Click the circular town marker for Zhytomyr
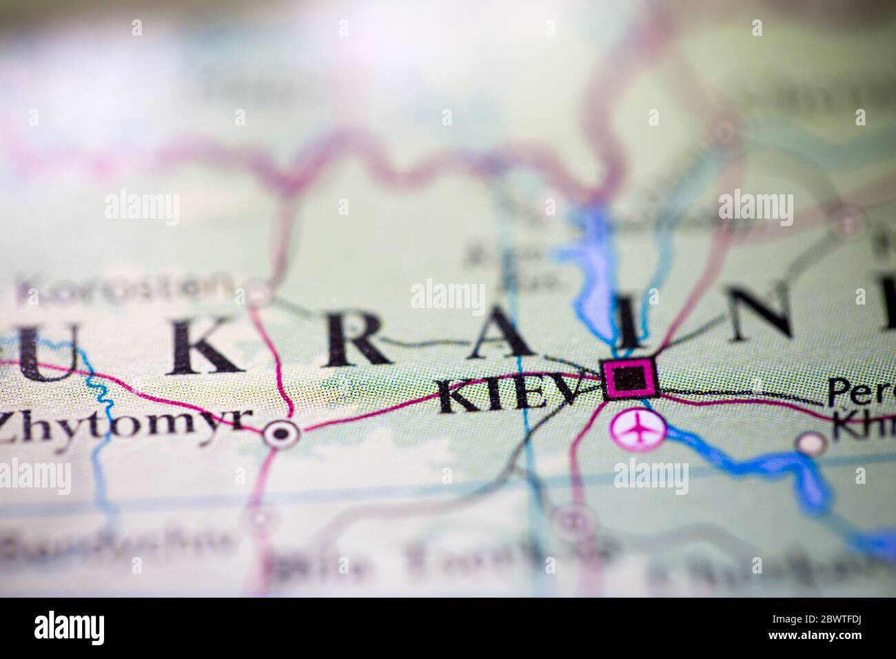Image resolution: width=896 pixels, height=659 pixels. (281, 434)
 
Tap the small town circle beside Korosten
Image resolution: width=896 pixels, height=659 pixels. (260, 293)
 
